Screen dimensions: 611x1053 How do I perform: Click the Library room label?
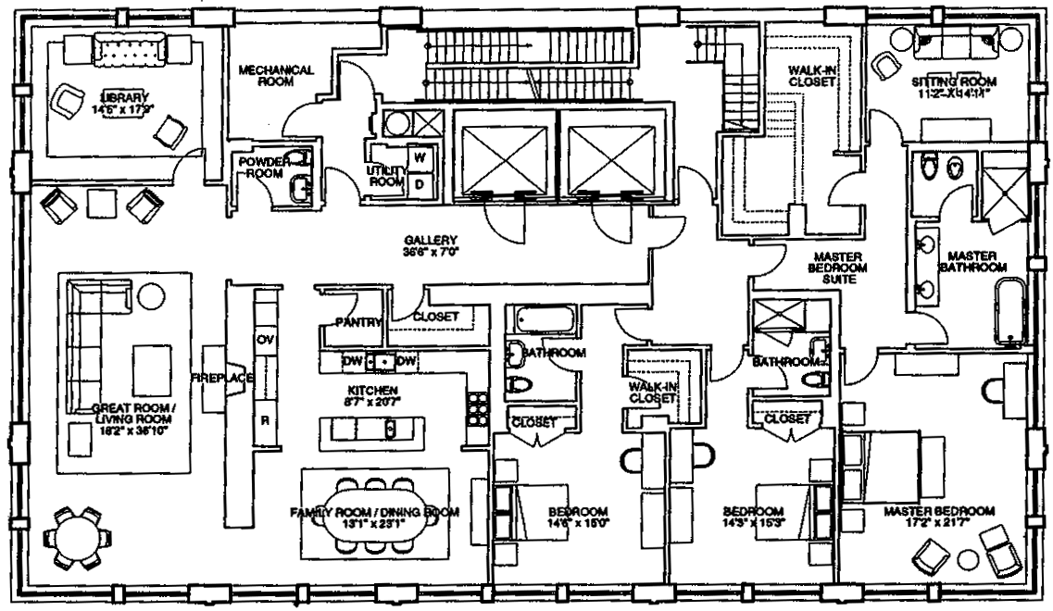pos(123,95)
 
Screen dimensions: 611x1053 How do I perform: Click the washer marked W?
pos(419,158)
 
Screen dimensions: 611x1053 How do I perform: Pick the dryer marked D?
pos(419,183)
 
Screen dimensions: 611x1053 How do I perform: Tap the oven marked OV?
pos(267,338)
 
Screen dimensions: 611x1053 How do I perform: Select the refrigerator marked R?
pos(266,419)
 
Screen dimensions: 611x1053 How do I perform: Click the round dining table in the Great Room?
pos(78,537)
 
